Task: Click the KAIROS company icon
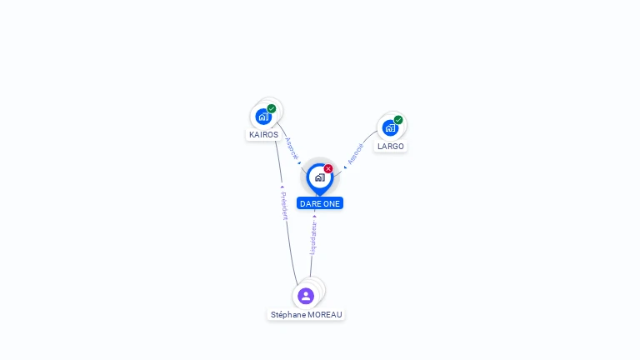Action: pyautogui.click(x=263, y=117)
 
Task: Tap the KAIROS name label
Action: pyautogui.click(x=263, y=135)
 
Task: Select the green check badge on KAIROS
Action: pyautogui.click(x=272, y=108)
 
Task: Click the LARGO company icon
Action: pyautogui.click(x=389, y=128)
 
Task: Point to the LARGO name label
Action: pyautogui.click(x=390, y=147)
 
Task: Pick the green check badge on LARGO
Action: pyautogui.click(x=398, y=120)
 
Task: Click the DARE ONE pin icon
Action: pyautogui.click(x=319, y=177)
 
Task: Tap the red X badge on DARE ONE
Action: pyautogui.click(x=328, y=169)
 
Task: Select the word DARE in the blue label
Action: pyautogui.click(x=310, y=203)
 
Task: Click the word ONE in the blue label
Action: pyautogui.click(x=332, y=203)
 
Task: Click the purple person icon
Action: pyautogui.click(x=306, y=296)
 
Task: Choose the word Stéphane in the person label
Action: pyautogui.click(x=288, y=315)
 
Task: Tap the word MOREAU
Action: pyautogui.click(x=325, y=315)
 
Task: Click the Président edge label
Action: pyautogui.click(x=284, y=206)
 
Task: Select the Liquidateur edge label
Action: pyautogui.click(x=313, y=237)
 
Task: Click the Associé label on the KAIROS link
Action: pyautogui.click(x=291, y=147)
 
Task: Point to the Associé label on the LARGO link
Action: pyautogui.click(x=356, y=154)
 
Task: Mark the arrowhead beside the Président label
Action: pyautogui.click(x=282, y=187)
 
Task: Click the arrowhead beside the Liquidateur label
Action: pyautogui.click(x=314, y=217)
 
